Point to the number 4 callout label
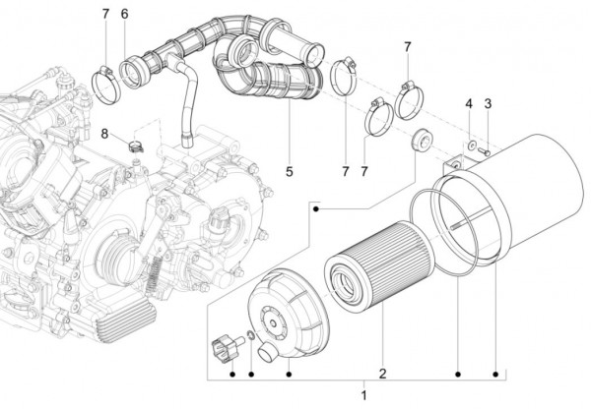[469, 104]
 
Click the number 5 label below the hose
[290, 172]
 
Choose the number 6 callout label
[125, 14]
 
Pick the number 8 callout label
[103, 133]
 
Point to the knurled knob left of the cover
[225, 347]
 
